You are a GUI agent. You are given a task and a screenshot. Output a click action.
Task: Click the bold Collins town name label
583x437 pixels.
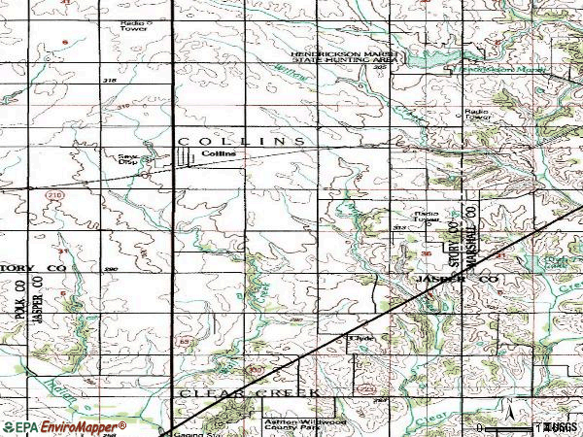pyautogui.click(x=220, y=153)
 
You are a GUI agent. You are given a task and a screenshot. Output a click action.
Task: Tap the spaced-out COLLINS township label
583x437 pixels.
pyautogui.click(x=242, y=141)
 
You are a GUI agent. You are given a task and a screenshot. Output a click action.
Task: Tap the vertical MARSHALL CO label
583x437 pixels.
pyautogui.click(x=470, y=237)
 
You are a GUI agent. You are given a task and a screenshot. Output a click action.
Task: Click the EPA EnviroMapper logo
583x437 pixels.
pyautogui.click(x=64, y=427)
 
